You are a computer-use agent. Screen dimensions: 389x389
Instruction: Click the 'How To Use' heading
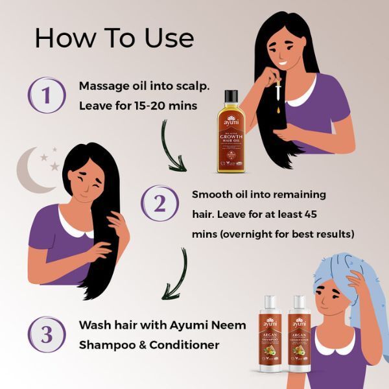pos(114,38)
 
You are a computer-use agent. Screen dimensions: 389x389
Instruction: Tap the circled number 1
pos(46,95)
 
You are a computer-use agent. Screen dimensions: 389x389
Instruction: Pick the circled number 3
pos(46,335)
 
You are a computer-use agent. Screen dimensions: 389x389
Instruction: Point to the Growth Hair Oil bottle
pos(231,136)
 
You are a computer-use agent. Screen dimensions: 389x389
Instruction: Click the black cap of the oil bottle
pos(231,97)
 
